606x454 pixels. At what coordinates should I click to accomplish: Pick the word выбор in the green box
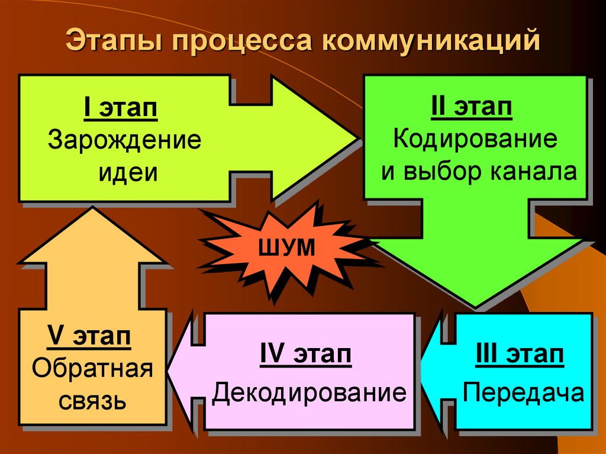click(446, 172)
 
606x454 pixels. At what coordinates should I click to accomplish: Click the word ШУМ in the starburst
click(285, 249)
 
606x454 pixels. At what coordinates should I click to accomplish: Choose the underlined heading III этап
click(520, 356)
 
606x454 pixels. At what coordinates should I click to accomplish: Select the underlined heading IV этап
click(305, 356)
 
